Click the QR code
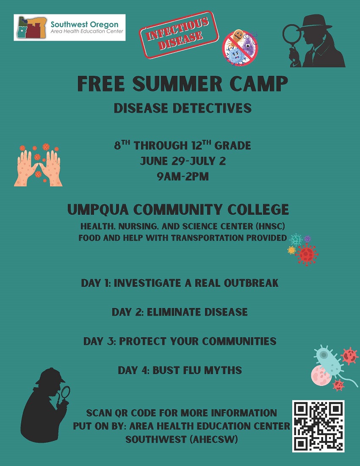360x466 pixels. pyautogui.click(x=318, y=426)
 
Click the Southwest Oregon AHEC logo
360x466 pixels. pyautogui.click(x=69, y=27)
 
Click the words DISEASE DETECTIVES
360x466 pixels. pyautogui.click(x=183, y=108)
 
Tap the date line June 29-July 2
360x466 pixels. pyautogui.click(x=183, y=161)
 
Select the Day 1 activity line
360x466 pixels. pyautogui.click(x=180, y=283)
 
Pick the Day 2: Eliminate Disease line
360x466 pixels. pyautogui.click(x=180, y=312)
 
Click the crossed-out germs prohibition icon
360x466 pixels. pyautogui.click(x=240, y=47)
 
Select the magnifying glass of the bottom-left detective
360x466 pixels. pyautogui.click(x=65, y=392)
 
